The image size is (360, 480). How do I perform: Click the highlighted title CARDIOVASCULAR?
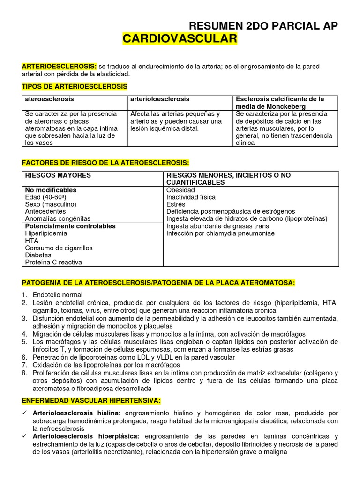[180, 39]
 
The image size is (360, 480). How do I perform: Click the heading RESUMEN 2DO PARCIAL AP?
[262, 26]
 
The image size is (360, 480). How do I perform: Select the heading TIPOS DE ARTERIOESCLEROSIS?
[75, 87]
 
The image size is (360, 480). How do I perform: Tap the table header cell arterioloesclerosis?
[160, 99]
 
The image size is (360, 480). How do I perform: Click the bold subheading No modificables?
[51, 190]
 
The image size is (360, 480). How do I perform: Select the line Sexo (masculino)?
[51, 204]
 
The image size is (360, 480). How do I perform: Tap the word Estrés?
[176, 204]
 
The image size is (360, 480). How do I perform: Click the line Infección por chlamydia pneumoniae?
[220, 233]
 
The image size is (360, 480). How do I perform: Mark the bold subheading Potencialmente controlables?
[70, 226]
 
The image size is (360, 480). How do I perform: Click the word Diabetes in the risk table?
[38, 255]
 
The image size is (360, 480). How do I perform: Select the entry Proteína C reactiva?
[53, 262]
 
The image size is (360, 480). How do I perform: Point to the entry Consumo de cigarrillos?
[59, 247]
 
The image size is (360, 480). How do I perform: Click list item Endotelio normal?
[57, 295]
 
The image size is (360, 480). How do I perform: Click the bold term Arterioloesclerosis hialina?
[76, 413]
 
